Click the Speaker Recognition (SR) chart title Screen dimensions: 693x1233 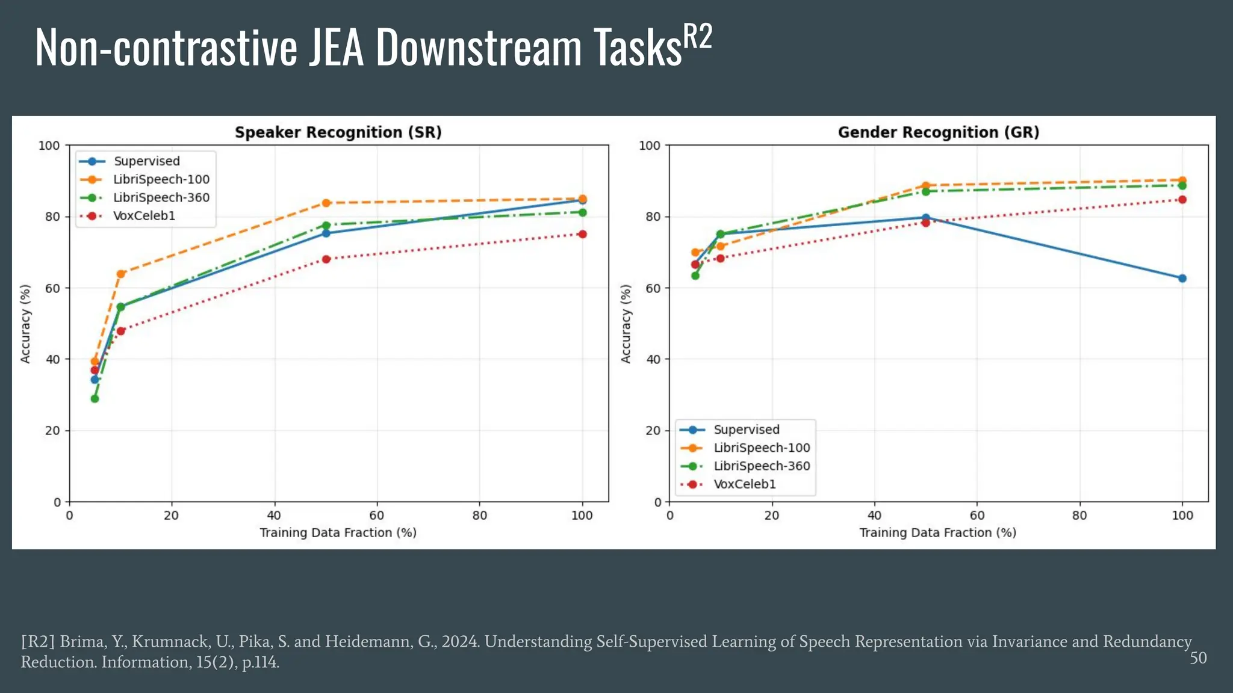338,132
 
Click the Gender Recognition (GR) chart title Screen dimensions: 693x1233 938,132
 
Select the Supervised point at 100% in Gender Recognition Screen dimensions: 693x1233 1182,279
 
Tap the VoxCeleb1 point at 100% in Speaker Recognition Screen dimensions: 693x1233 582,234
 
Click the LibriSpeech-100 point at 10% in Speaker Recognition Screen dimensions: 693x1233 120,274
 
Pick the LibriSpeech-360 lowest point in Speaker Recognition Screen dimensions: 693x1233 95,399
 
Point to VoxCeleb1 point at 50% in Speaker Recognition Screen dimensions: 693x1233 326,259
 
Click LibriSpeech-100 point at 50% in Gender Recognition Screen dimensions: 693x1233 926,186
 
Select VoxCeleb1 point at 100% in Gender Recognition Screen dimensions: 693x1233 1182,200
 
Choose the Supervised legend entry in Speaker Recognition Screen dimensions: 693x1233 146,161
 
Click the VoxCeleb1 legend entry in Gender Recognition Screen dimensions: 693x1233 744,484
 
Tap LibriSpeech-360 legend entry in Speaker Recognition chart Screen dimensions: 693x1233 161,198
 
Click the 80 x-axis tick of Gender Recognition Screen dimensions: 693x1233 1079,516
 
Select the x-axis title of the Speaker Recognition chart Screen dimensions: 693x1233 338,532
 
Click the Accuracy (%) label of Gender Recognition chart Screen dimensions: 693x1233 626,324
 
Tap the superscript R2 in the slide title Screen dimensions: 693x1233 698,37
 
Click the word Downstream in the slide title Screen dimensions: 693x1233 479,48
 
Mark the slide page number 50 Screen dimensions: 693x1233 1197,658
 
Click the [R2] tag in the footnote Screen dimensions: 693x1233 38,642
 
